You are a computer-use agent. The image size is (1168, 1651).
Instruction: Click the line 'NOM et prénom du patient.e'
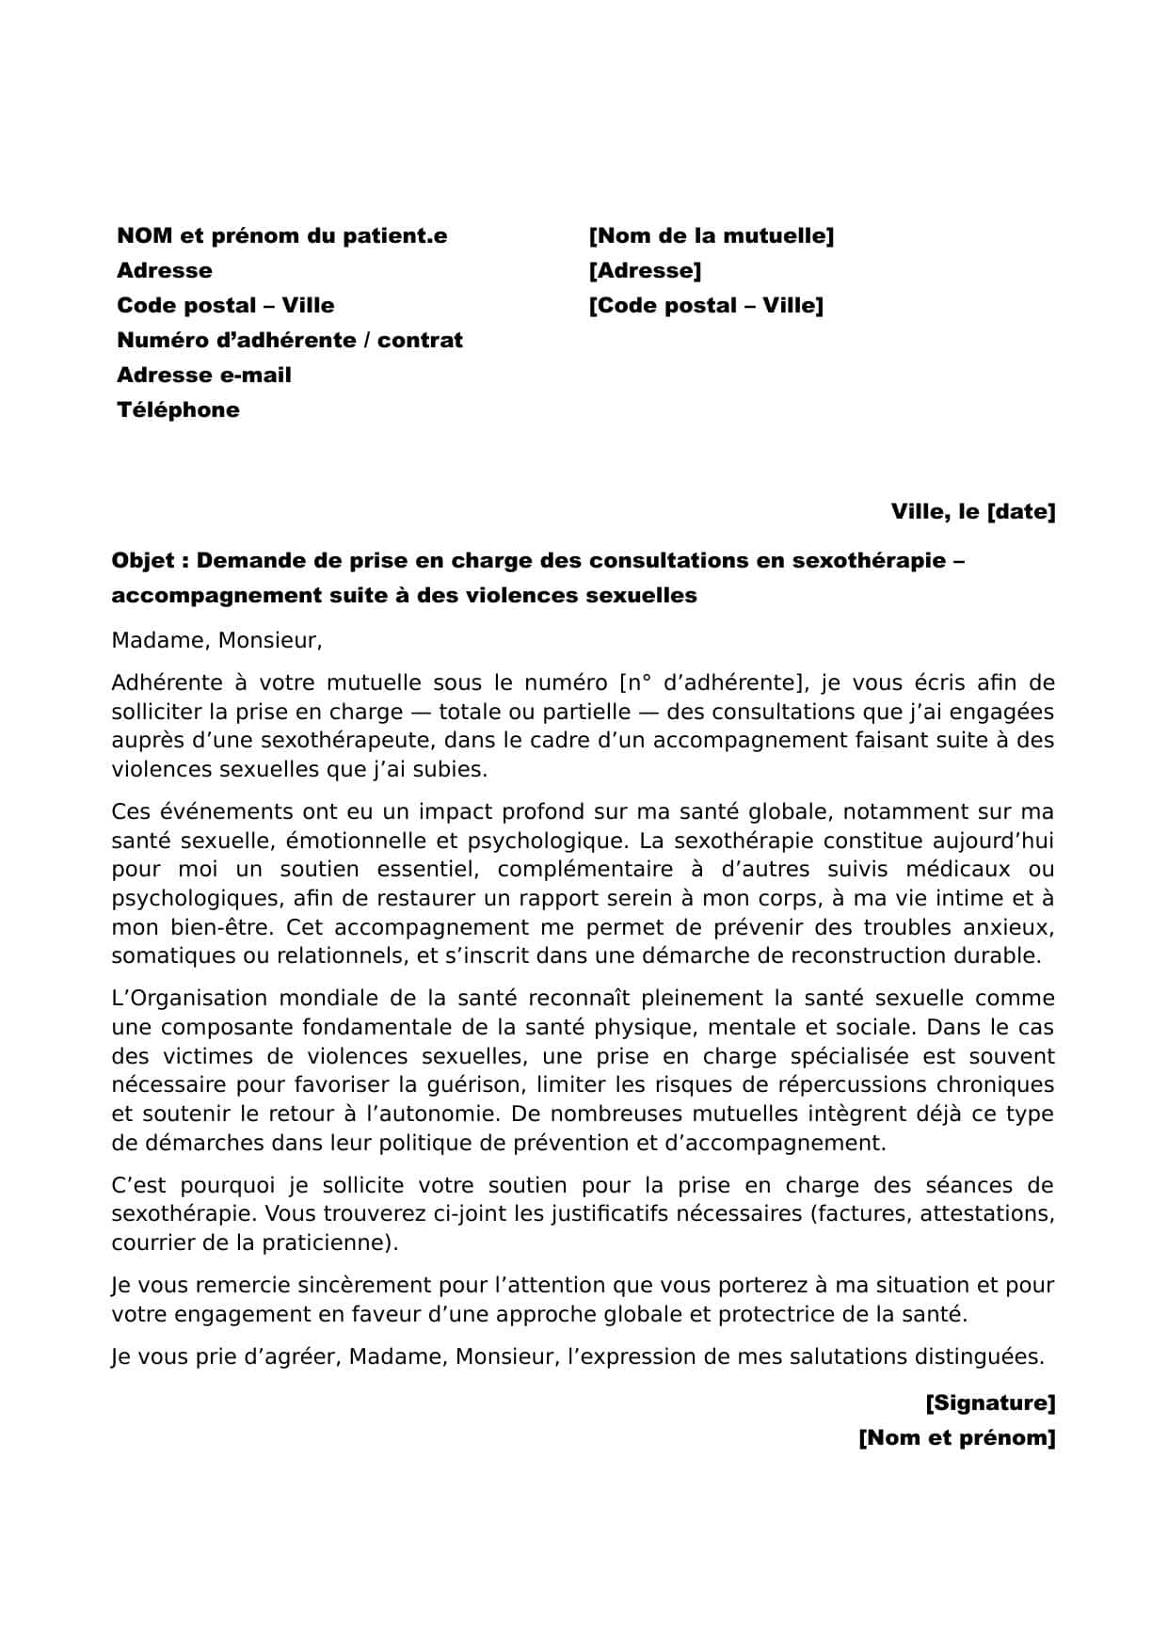tap(281, 236)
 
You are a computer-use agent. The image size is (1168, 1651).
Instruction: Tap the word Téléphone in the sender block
tap(178, 410)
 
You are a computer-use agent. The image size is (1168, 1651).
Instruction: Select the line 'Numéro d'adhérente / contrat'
tap(289, 341)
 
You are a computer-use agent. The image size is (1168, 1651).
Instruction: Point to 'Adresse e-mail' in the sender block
tap(203, 376)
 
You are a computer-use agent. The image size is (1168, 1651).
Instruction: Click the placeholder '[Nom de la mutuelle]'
tap(711, 236)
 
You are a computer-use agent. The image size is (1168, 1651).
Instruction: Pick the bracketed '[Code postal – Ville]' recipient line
tap(705, 306)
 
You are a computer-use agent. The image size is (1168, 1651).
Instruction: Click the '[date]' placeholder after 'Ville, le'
tap(1020, 512)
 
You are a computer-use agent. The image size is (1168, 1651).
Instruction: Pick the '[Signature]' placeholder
tap(990, 1403)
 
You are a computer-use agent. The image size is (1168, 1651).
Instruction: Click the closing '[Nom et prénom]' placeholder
tap(956, 1438)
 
